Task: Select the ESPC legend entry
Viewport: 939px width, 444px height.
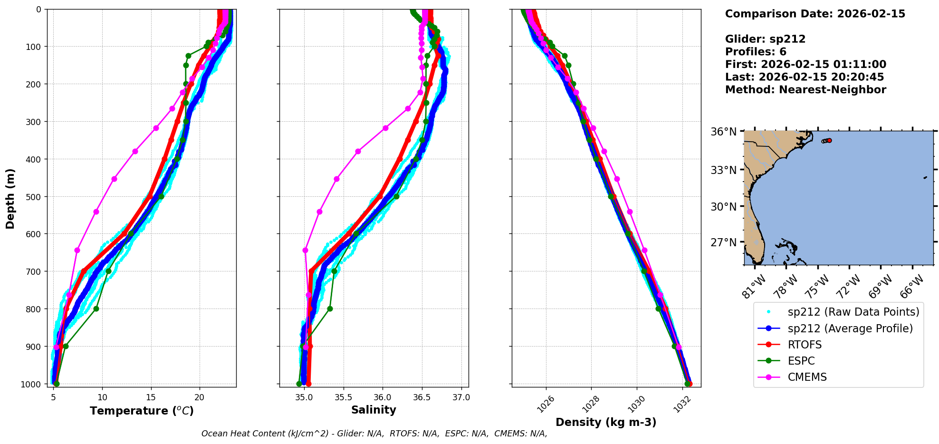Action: [x=801, y=361]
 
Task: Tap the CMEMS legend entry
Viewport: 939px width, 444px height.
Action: [x=807, y=377]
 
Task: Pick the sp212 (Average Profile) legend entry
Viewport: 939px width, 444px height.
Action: [x=850, y=328]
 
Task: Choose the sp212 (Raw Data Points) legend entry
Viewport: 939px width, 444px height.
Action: [x=853, y=312]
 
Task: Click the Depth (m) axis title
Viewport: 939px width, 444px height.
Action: [x=10, y=198]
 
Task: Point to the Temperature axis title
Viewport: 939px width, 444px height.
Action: [x=142, y=411]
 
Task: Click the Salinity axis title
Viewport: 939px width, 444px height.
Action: [x=374, y=410]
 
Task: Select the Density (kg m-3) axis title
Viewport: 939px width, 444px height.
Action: [x=606, y=422]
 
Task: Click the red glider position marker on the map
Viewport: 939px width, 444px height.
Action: [x=829, y=140]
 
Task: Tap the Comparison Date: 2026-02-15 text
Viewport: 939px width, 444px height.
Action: [x=815, y=14]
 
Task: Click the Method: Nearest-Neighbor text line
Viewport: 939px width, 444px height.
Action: [x=805, y=90]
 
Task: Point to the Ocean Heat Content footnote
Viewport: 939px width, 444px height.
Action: [x=374, y=434]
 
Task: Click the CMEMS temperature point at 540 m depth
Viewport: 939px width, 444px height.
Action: [x=96, y=212]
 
